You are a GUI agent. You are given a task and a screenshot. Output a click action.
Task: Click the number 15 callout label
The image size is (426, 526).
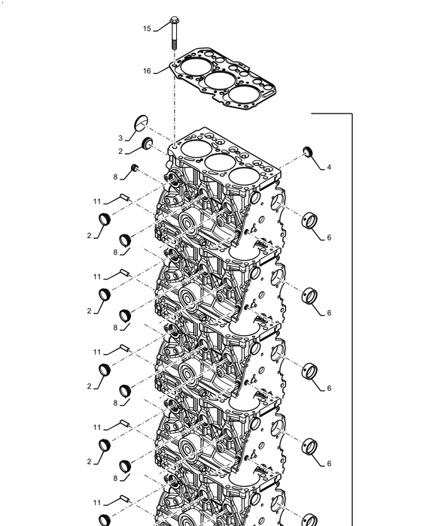click(147, 29)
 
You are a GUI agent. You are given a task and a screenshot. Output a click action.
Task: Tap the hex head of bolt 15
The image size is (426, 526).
click(174, 20)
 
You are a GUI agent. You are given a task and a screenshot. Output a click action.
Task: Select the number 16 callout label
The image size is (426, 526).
click(147, 71)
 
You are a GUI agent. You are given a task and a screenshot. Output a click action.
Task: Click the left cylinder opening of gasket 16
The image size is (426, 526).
click(196, 66)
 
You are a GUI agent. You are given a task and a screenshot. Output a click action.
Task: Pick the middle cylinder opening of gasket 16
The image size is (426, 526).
click(220, 81)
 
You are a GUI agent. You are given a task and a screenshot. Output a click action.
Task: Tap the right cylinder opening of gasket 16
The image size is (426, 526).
click(244, 94)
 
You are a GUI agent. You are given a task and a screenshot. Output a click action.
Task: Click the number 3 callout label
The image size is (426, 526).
click(120, 138)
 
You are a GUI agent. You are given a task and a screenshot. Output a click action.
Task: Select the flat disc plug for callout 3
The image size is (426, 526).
click(141, 123)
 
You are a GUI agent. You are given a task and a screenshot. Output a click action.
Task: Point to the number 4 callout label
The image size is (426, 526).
click(329, 167)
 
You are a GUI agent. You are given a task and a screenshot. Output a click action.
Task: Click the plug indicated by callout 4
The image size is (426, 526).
click(308, 151)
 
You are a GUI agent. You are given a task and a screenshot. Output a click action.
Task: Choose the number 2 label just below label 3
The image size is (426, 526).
click(120, 152)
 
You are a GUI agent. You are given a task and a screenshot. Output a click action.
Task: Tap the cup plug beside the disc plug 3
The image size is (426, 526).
click(148, 143)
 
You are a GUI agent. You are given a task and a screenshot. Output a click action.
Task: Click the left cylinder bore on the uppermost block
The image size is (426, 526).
click(196, 148)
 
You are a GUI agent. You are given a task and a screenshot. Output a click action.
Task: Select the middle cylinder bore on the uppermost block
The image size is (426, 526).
click(220, 162)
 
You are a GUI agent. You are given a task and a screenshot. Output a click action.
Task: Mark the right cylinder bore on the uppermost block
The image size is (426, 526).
click(245, 176)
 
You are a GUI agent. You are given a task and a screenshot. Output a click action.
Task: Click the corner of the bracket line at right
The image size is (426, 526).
click(352, 113)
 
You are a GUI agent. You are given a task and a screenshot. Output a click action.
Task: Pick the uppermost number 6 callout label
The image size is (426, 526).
click(329, 237)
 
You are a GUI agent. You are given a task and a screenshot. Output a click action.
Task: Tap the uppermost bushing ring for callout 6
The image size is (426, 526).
click(309, 221)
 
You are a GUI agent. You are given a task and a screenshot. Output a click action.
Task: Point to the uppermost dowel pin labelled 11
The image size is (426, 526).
click(125, 197)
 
